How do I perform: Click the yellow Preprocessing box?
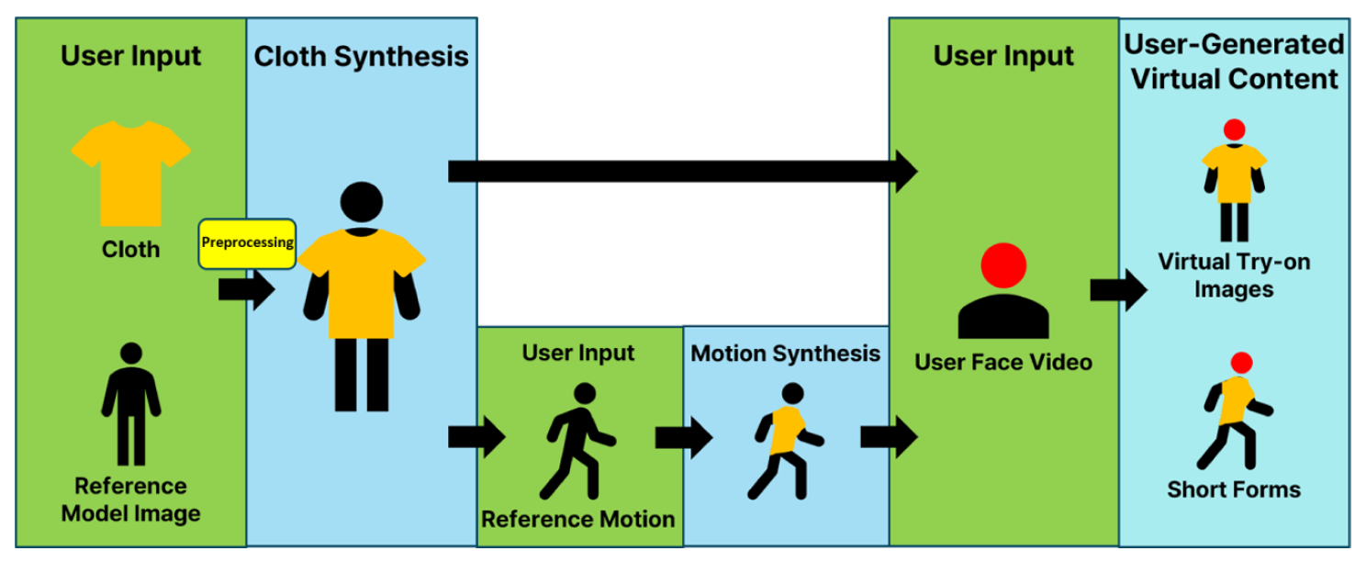(x=247, y=243)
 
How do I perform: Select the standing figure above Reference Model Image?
(x=131, y=404)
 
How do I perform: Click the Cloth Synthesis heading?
(x=361, y=56)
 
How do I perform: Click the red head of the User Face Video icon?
(x=1002, y=265)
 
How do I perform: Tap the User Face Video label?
(x=1003, y=362)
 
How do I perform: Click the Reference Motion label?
(x=578, y=519)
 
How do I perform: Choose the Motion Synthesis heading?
(x=786, y=354)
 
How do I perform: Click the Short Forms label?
(x=1234, y=489)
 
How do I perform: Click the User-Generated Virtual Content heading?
(x=1234, y=62)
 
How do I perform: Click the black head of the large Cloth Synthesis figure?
(x=361, y=201)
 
